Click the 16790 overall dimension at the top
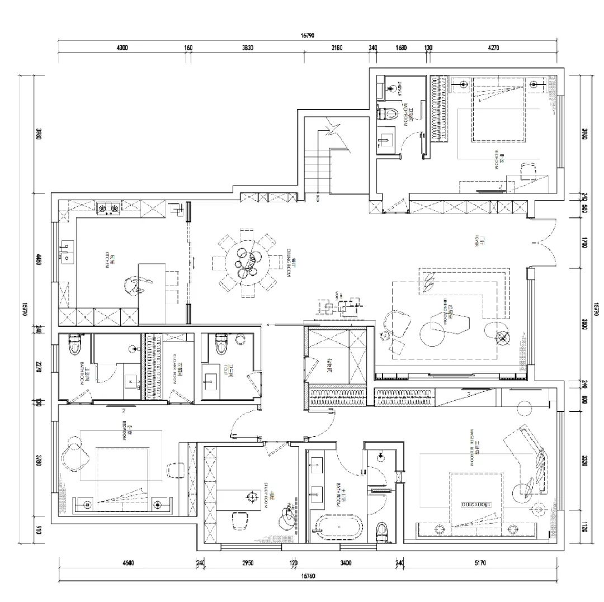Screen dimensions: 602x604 (308, 35)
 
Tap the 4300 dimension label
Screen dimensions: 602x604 (122, 48)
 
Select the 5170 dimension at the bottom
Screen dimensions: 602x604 (479, 563)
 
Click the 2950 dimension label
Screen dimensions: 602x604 (247, 563)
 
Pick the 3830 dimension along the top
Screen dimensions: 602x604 (248, 48)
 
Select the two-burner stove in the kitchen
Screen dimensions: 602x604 (108, 208)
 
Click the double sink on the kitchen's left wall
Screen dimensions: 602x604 (67, 253)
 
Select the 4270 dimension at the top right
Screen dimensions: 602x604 (493, 48)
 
